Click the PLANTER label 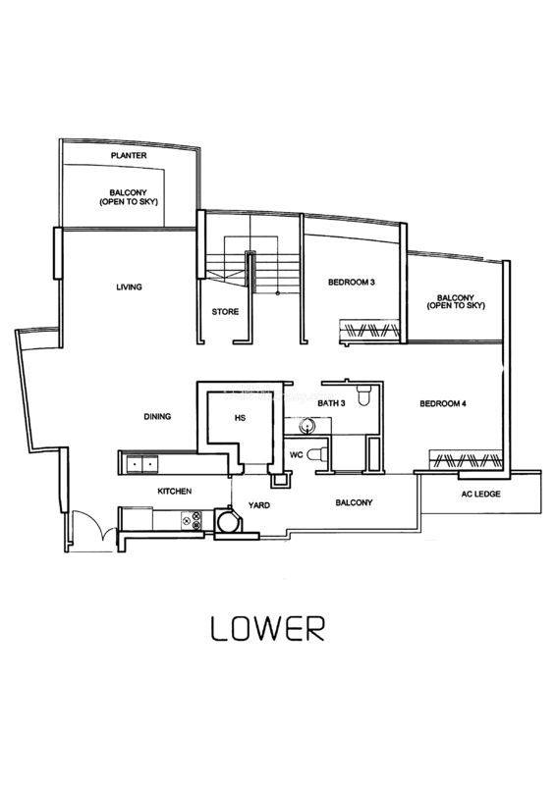point(129,156)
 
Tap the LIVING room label point(129,287)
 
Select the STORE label point(225,311)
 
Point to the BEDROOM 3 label point(352,283)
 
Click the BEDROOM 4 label point(443,403)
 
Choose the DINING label point(157,416)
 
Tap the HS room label point(240,418)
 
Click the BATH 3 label point(331,403)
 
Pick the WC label point(297,454)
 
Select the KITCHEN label point(175,492)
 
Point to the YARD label point(259,505)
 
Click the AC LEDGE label point(480,495)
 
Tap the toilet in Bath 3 point(364,395)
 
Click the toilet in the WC point(316,454)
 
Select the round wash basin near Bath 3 point(306,426)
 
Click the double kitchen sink point(142,464)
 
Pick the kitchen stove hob point(192,521)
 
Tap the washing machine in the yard point(229,521)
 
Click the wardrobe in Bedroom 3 point(370,331)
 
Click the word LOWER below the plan point(268,629)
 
